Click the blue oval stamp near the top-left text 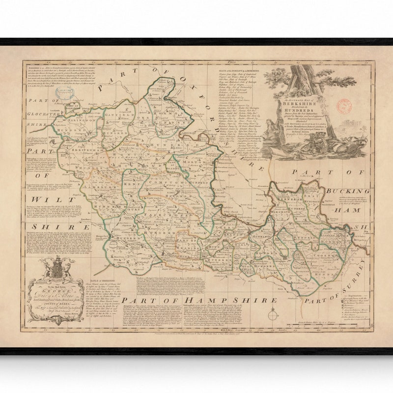(74, 105)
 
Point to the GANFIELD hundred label (117, 116)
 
